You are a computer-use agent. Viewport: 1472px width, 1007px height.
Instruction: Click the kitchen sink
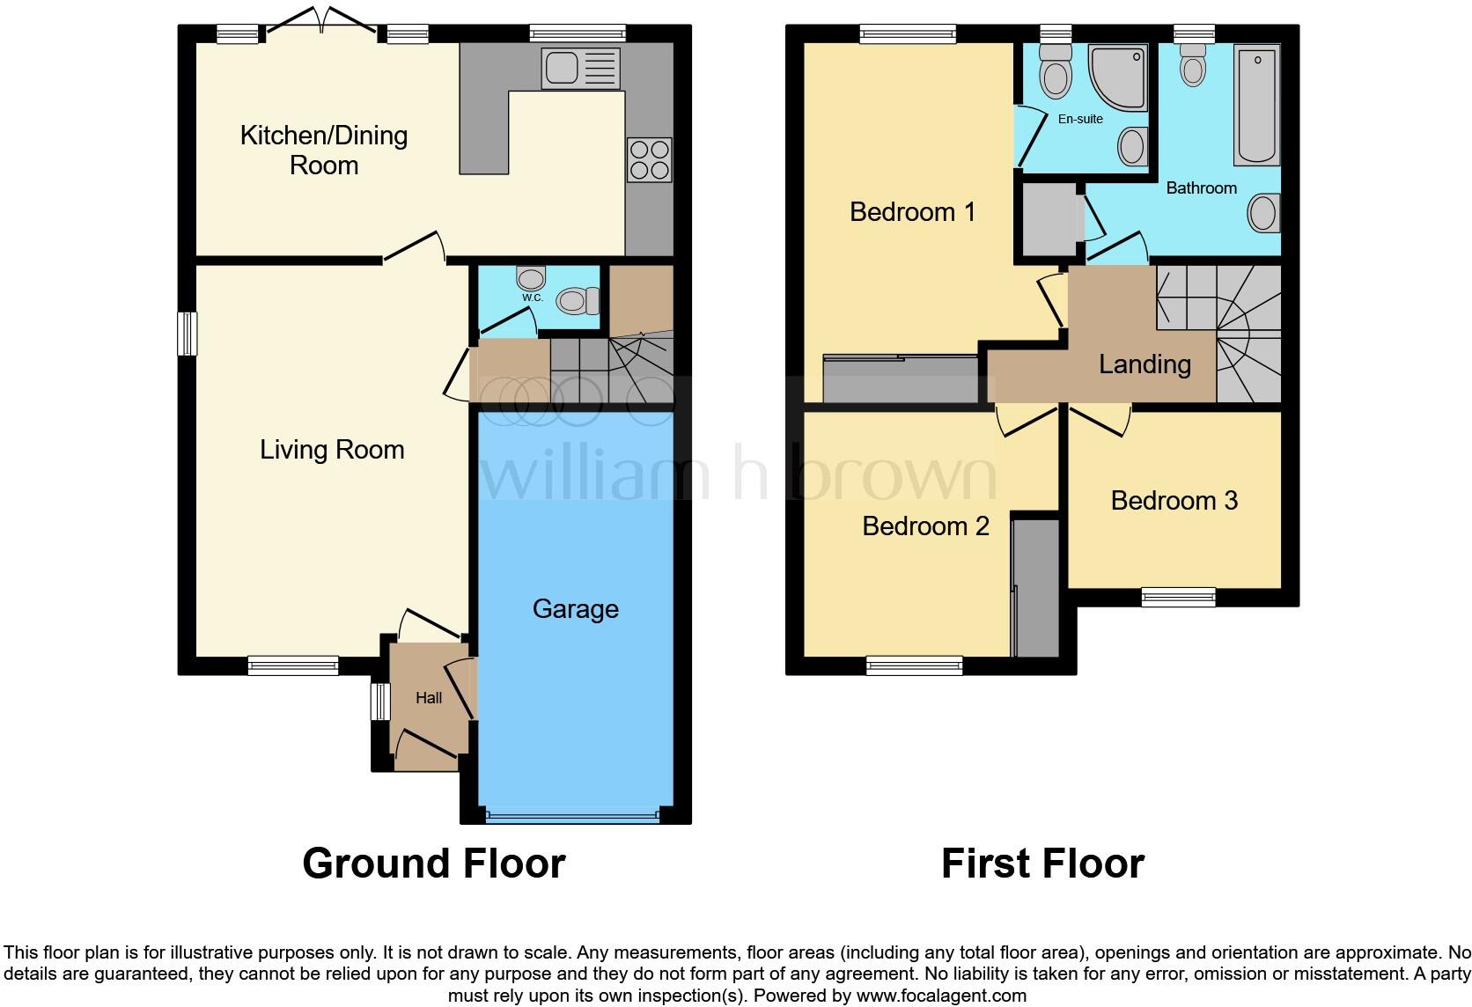[581, 68]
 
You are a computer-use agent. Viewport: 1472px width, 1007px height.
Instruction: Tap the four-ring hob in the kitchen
[649, 159]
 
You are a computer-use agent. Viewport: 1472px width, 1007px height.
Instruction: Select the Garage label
[575, 609]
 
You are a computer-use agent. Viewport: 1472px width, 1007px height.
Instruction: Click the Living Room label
[332, 450]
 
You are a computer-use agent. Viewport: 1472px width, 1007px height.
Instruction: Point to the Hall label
[429, 698]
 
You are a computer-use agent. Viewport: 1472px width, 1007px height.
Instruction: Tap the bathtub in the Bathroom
[1257, 106]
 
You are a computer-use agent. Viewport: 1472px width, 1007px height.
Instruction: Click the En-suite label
[1080, 119]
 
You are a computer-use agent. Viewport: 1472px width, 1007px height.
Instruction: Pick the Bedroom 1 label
[912, 212]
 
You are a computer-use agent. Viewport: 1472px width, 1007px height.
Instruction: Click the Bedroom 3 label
[1174, 501]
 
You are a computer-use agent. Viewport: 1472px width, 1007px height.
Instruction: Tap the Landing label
[1144, 364]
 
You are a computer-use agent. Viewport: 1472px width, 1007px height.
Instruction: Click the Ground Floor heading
[433, 864]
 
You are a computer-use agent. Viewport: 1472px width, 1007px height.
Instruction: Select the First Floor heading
[1042, 864]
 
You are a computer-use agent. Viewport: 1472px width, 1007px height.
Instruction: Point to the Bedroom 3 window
[1178, 598]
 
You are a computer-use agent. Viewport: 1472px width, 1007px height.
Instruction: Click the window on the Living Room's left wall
[187, 334]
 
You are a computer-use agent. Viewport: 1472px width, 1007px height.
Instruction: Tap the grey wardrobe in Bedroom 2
[1035, 588]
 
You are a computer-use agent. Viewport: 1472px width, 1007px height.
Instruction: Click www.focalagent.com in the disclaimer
[941, 996]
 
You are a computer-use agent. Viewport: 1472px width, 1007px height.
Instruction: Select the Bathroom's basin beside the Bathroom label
[1263, 213]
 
